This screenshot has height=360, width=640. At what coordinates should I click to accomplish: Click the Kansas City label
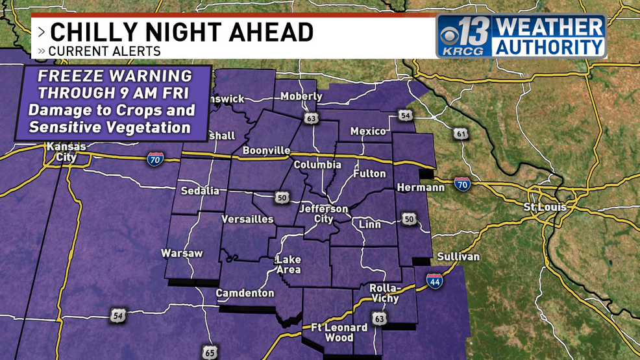pyautogui.click(x=66, y=152)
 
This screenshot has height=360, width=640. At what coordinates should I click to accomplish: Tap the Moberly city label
pyautogui.click(x=301, y=97)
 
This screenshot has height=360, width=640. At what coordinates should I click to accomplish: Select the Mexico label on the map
pyautogui.click(x=368, y=131)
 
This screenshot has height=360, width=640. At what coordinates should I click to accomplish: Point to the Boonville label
pyautogui.click(x=266, y=150)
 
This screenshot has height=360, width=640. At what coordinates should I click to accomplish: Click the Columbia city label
pyautogui.click(x=317, y=165)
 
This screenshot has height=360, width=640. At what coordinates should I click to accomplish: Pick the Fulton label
pyautogui.click(x=369, y=174)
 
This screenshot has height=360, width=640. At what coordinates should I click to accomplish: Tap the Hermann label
pyautogui.click(x=420, y=187)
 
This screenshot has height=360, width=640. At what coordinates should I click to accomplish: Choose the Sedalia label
pyautogui.click(x=199, y=191)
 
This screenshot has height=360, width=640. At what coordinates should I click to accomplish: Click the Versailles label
pyautogui.click(x=247, y=219)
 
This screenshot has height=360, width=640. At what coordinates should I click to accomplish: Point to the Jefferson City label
pyautogui.click(x=323, y=214)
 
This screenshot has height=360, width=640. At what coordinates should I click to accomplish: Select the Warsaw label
pyautogui.click(x=182, y=253)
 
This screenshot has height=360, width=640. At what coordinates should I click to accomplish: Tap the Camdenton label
pyautogui.click(x=245, y=293)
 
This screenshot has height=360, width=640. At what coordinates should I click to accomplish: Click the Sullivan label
pyautogui.click(x=458, y=257)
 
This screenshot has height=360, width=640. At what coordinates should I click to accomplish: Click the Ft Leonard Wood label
pyautogui.click(x=331, y=332)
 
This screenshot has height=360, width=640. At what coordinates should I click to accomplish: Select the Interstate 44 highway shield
pyautogui.click(x=434, y=281)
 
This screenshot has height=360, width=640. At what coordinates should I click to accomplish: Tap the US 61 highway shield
pyautogui.click(x=461, y=134)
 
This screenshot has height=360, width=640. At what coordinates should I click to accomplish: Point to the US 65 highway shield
pyautogui.click(x=210, y=352)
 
